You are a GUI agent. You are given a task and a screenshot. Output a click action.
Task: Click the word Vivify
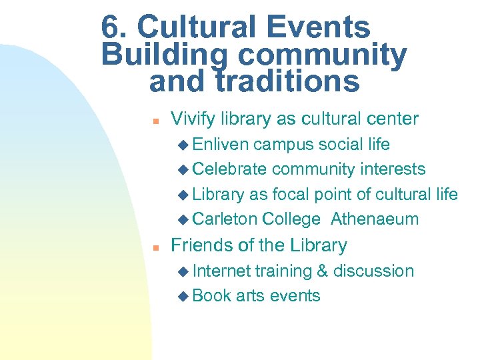(194, 119)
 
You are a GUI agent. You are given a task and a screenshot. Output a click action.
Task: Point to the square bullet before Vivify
(153, 121)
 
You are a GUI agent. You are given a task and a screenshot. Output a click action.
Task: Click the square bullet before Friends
(153, 247)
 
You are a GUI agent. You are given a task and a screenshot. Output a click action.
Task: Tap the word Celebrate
(229, 169)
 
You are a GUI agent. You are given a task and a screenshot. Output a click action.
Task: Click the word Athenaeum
(375, 219)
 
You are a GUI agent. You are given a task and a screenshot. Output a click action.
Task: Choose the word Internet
(221, 271)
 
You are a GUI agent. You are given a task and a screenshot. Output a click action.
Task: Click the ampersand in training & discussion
(322, 271)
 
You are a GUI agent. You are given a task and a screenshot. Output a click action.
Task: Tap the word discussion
(373, 271)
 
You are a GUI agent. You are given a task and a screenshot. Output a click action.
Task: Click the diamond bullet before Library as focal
(184, 195)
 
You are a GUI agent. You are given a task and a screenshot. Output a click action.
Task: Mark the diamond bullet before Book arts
(184, 296)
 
